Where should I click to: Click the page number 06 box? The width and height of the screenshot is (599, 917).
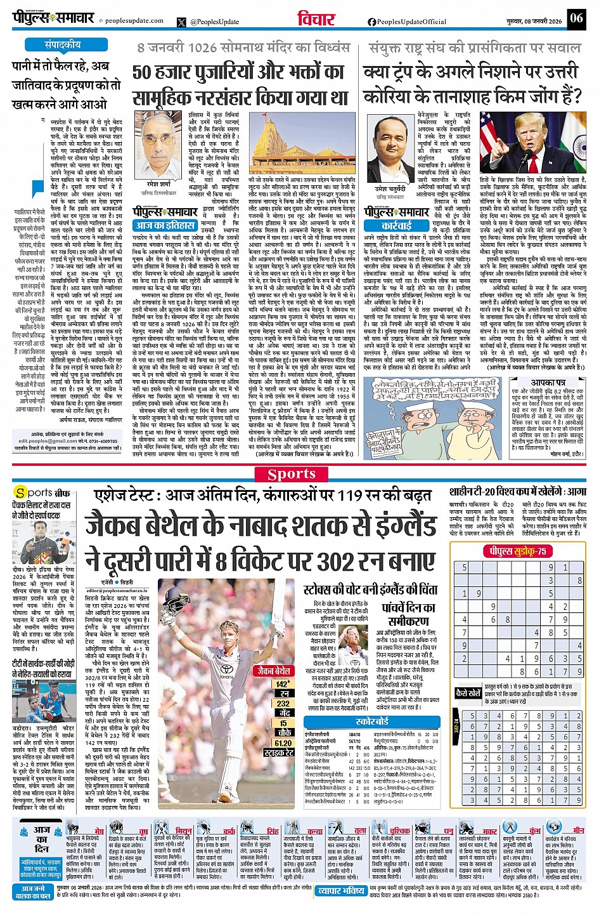click(576, 18)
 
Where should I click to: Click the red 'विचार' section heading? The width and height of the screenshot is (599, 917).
click(316, 19)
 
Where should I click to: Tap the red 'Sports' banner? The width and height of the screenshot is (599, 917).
click(292, 474)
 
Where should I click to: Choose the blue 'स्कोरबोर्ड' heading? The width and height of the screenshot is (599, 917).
click(372, 722)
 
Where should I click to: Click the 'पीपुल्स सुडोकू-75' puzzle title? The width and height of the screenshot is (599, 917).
click(517, 551)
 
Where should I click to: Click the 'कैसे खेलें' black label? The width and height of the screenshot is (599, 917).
click(468, 694)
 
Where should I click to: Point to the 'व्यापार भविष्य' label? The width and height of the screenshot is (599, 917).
click(341, 891)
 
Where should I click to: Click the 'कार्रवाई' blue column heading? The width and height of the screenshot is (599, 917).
click(396, 225)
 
